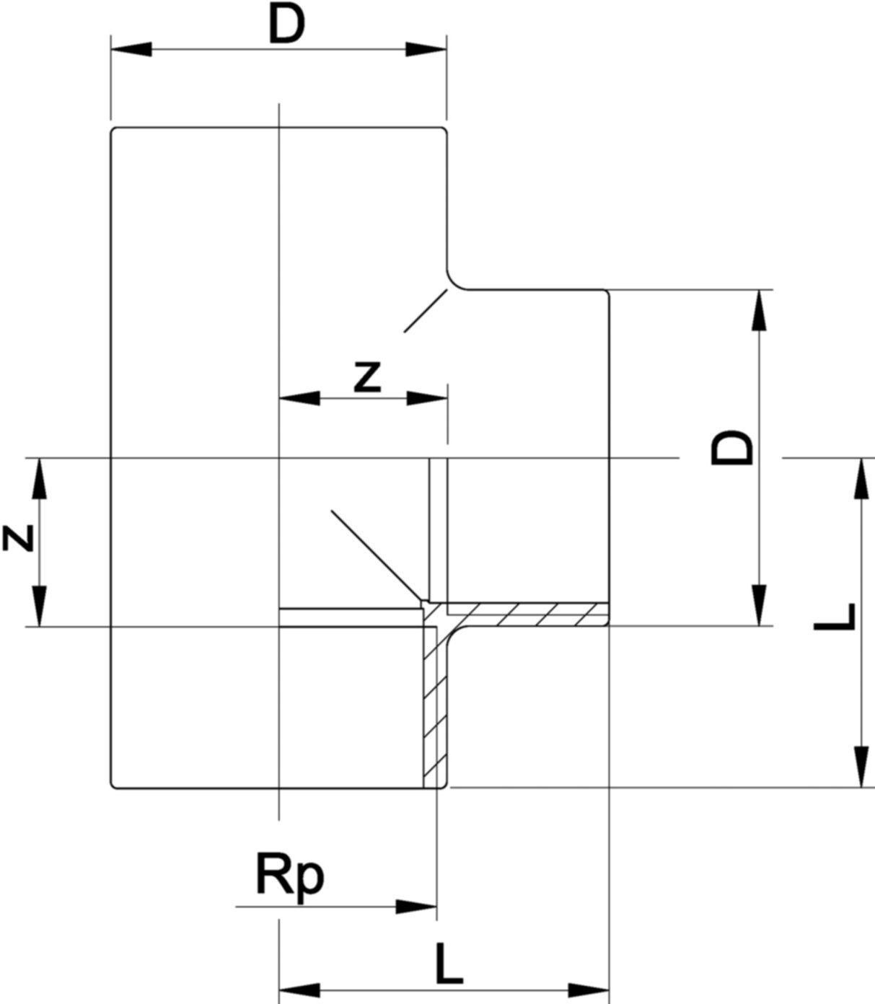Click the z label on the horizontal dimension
367,377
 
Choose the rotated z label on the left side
18,538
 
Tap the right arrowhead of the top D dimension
426,49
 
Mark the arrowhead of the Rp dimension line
416,907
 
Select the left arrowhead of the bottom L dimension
299,990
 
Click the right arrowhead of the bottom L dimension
589,990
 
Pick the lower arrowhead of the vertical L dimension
861,767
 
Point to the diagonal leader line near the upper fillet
426,311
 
